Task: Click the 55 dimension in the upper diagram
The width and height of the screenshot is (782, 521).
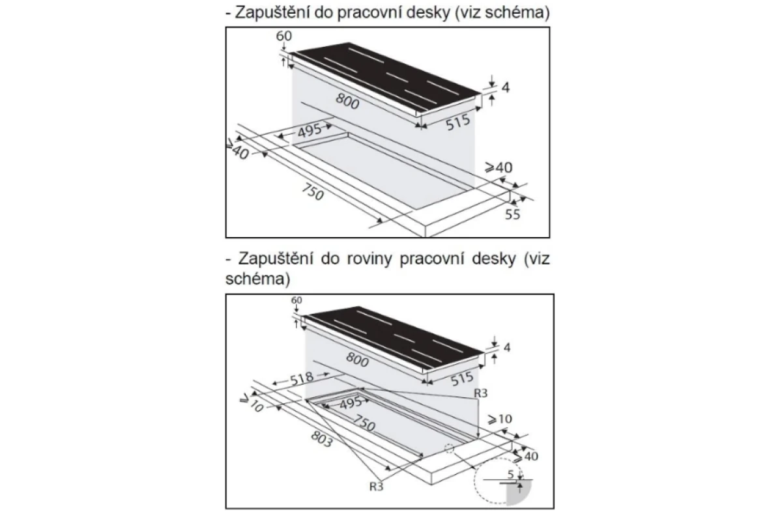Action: point(512,214)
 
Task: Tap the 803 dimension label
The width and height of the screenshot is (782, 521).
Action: point(321,439)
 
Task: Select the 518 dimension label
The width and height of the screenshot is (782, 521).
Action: point(302,378)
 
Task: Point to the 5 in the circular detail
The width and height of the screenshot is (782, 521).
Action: point(510,475)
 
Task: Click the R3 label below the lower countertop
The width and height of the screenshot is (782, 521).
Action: point(377,486)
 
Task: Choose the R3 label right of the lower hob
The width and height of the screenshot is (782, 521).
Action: point(480,393)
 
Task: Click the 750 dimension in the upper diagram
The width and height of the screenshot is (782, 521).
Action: point(312,192)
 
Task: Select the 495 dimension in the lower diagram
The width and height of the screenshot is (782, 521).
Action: point(351,403)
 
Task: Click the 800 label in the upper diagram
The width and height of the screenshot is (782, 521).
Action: point(347,102)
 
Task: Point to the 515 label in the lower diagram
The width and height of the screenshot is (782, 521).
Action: point(462,379)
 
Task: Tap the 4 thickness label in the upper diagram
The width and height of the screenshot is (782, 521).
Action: point(506,87)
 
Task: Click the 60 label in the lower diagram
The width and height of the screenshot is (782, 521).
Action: point(297,300)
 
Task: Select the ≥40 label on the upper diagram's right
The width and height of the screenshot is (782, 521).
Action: point(499,168)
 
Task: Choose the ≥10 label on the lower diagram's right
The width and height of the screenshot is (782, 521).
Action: point(500,419)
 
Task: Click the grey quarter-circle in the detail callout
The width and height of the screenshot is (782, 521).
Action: point(518,492)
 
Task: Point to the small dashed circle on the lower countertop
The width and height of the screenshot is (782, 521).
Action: point(449,449)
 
